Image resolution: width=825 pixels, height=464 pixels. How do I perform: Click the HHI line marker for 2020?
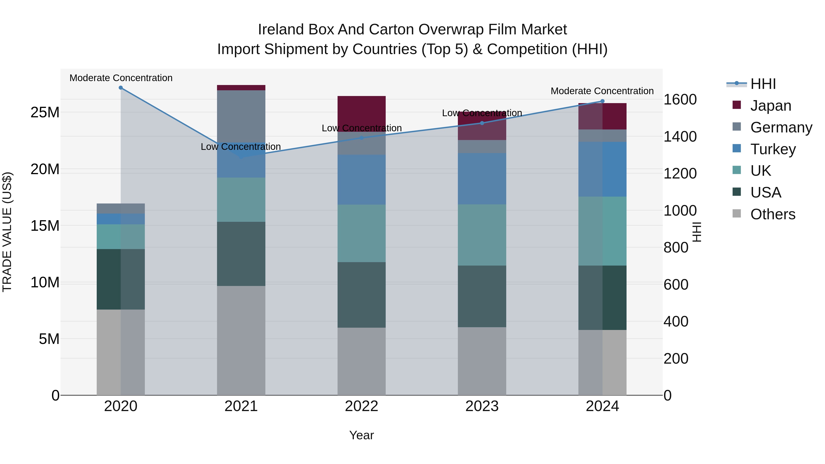[121, 88]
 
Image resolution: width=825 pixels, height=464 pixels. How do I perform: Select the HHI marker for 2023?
[482, 123]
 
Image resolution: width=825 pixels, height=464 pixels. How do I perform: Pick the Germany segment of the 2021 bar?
[241, 116]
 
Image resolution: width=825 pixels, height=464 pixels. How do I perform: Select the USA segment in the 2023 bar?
[482, 296]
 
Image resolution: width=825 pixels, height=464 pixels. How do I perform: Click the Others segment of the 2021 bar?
[241, 340]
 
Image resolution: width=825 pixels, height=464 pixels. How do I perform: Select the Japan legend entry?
[770, 106]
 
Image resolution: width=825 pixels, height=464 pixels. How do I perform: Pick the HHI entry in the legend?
[763, 84]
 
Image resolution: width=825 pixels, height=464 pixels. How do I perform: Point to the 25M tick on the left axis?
[45, 113]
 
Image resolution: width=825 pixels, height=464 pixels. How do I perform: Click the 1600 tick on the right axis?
[680, 100]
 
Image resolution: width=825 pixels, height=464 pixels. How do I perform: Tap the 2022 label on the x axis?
[362, 406]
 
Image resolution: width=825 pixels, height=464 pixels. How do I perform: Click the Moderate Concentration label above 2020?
[121, 78]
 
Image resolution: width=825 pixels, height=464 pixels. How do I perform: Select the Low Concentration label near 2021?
[241, 147]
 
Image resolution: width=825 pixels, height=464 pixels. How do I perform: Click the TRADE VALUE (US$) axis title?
[7, 232]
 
